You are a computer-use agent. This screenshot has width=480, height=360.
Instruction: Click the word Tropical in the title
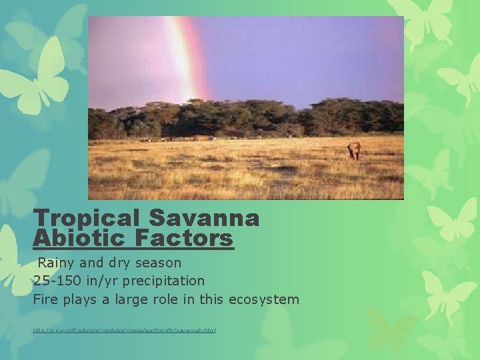click(x=87, y=218)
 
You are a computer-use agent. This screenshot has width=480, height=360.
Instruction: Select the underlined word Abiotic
click(x=75, y=238)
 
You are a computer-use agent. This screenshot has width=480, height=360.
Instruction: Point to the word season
click(x=159, y=263)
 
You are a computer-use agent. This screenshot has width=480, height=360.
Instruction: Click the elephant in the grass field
click(x=355, y=151)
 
